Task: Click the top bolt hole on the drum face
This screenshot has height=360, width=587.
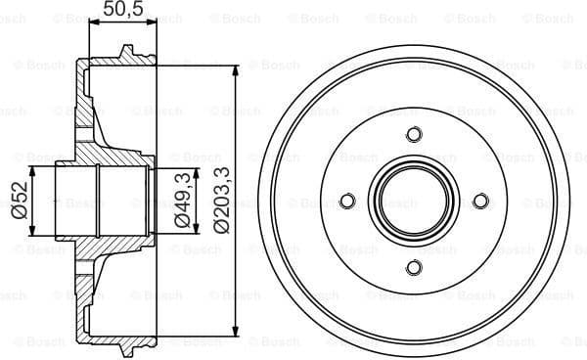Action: [413, 134]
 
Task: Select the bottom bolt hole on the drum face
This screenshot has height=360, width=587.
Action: [413, 268]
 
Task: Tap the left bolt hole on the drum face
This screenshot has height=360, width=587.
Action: [345, 202]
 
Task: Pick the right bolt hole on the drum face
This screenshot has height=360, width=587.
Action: [480, 202]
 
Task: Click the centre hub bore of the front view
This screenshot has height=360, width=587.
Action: [413, 202]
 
